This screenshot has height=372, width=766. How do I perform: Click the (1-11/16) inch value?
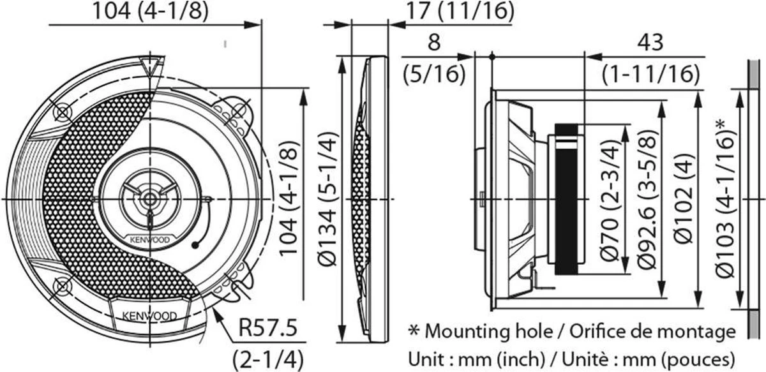click(650, 75)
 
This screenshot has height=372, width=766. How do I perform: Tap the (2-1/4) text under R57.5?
click(267, 357)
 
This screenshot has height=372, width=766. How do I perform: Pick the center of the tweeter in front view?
click(149, 198)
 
